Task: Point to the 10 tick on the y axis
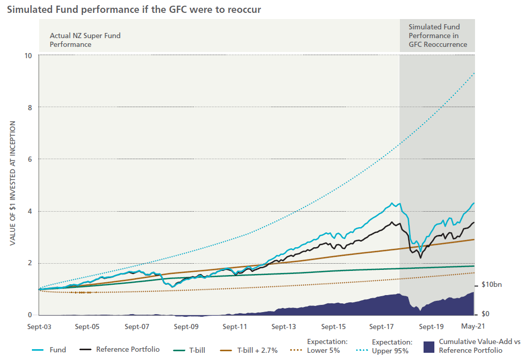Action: [x=29, y=56]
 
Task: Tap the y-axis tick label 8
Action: [x=30, y=108]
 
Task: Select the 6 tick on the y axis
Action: [x=30, y=159]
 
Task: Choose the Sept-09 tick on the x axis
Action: [x=186, y=327]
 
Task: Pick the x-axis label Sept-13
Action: [x=284, y=327]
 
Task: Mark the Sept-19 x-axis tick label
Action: [x=431, y=327]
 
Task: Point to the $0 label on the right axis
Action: [x=486, y=314]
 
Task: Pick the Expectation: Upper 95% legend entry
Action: [x=392, y=346]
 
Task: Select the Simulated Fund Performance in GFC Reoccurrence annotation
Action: [x=437, y=36]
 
